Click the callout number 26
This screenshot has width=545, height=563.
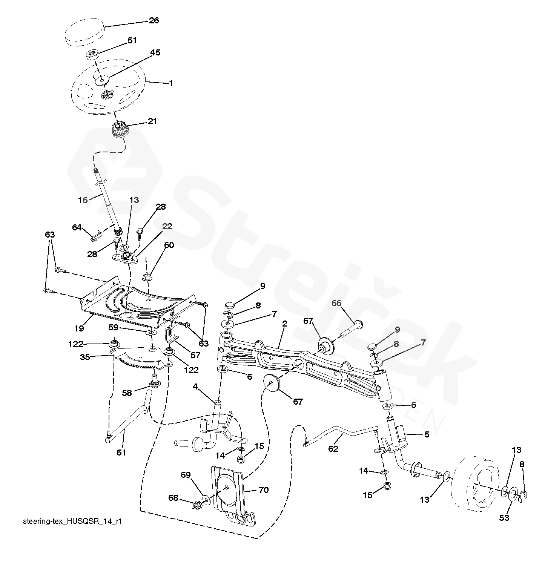(154, 20)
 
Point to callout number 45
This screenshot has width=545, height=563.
(155, 52)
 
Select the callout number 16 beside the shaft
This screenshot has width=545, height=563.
(83, 200)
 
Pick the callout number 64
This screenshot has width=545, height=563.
(77, 227)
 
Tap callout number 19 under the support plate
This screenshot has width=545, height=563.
(79, 328)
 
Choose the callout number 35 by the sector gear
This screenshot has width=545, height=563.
(85, 357)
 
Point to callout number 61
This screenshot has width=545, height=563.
(121, 453)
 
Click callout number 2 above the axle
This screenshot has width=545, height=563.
(284, 324)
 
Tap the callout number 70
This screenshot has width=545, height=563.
(264, 490)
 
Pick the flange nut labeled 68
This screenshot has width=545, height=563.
(197, 504)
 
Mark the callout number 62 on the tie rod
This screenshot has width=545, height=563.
(333, 449)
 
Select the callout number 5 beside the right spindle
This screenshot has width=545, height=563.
(427, 434)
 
